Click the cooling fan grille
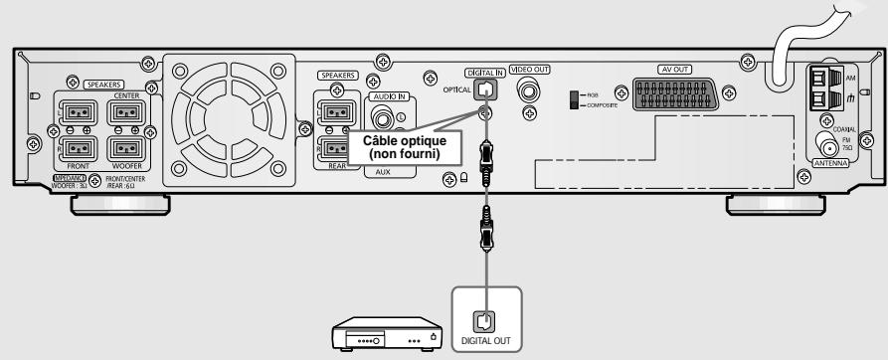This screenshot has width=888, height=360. tap(226, 116)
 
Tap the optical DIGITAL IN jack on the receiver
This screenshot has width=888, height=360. tap(484, 89)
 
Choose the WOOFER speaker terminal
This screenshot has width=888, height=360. tap(127, 150)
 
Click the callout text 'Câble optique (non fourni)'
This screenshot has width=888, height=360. tap(396, 149)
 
